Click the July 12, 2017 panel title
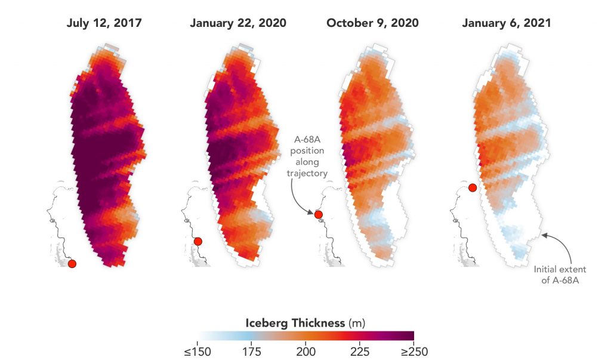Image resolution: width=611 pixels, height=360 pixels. tap(104, 23)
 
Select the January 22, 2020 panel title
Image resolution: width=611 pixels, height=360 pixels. tap(238, 23)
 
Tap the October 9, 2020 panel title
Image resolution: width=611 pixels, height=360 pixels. tap(372, 23)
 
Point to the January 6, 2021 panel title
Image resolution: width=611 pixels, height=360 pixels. tap(506, 23)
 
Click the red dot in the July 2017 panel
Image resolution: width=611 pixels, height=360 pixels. tap(72, 264)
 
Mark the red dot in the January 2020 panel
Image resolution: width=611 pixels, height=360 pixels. tap(198, 241)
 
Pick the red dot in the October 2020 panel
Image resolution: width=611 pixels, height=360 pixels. tap(319, 214)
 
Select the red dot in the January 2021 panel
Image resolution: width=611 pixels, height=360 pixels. tap(472, 187)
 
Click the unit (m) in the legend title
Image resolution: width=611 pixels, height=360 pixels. tap(357, 323)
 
